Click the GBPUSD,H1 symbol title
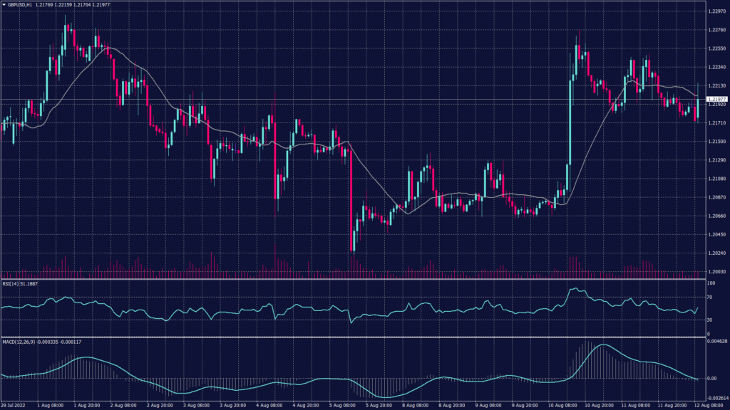[x=24, y=4]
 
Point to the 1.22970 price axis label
[x=716, y=12]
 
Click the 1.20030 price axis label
[x=716, y=271]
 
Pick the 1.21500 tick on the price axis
[x=716, y=142]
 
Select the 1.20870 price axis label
[x=716, y=197]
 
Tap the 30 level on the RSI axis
[x=709, y=320]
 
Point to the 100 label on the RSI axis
[x=711, y=283]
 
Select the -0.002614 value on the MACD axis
[x=716, y=399]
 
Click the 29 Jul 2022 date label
[x=14, y=406]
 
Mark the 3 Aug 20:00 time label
[x=234, y=406]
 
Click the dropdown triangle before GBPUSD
[x=4, y=4]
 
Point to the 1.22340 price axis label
[x=716, y=68]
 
